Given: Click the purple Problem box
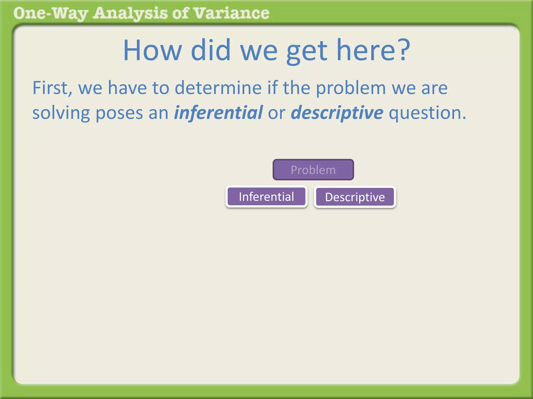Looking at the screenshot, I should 313,170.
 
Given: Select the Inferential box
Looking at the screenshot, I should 266,197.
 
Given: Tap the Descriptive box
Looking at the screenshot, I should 355,197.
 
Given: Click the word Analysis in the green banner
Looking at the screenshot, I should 130,14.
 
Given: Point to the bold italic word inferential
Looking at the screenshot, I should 218,113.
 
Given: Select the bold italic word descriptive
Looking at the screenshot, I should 337,113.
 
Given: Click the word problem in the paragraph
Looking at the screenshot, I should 351,88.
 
